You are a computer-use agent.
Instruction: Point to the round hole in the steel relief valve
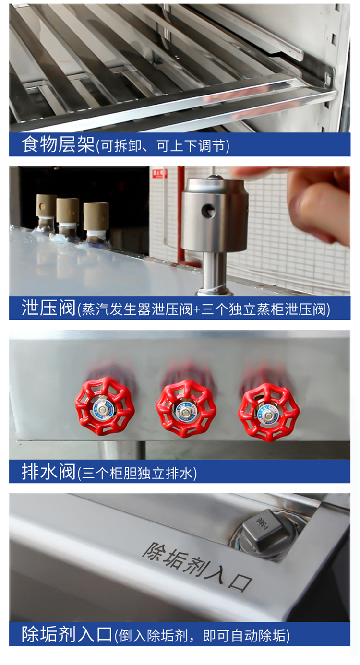(208, 211)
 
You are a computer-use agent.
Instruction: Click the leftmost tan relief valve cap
(46, 205)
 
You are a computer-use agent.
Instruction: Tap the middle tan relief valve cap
(67, 210)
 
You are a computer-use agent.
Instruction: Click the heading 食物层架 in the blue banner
(58, 144)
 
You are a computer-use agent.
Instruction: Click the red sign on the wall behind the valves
(160, 173)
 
